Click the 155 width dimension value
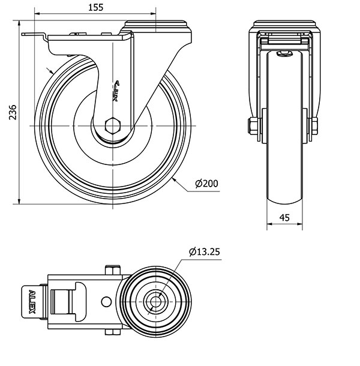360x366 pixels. (x=96, y=7)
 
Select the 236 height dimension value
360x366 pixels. (x=13, y=112)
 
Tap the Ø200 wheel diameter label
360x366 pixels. (x=206, y=184)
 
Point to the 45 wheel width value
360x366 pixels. (x=284, y=218)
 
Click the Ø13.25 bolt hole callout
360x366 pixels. (x=205, y=252)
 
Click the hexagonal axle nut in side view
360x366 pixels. (x=113, y=126)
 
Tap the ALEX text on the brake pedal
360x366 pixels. (x=32, y=302)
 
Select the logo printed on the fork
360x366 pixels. (x=116, y=91)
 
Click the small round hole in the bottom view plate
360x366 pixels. (x=106, y=302)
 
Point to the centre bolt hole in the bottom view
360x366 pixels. (x=155, y=302)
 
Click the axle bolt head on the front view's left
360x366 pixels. (x=253, y=126)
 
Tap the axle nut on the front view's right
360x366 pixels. (x=314, y=126)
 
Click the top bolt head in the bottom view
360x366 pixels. (x=113, y=270)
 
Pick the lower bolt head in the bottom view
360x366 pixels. (x=113, y=332)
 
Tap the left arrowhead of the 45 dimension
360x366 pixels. (x=269, y=224)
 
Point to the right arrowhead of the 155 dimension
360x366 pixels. (x=153, y=14)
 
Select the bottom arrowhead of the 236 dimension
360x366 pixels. (x=19, y=201)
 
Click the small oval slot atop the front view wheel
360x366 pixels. (x=284, y=53)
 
